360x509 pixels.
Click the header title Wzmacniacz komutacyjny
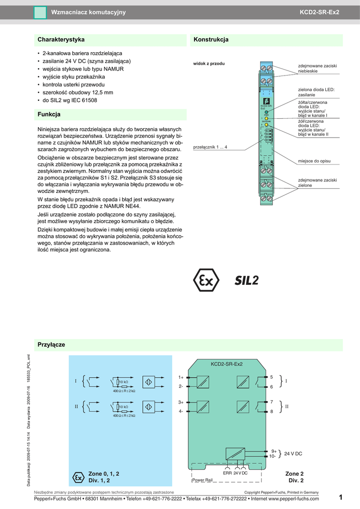pyautogui.click(x=89, y=12)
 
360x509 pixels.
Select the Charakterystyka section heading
pyautogui.click(x=61, y=39)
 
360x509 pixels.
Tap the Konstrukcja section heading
pyautogui.click(x=211, y=39)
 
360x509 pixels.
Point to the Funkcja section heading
pyautogui.click(x=49, y=114)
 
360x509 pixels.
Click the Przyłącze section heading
pyautogui.click(x=52, y=344)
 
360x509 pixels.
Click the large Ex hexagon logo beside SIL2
pyautogui.click(x=205, y=281)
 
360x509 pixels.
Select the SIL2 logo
pyautogui.click(x=247, y=281)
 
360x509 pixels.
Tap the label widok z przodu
pyautogui.click(x=209, y=64)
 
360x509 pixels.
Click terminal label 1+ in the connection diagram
pyautogui.click(x=181, y=377)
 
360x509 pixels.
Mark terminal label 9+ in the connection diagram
pyautogui.click(x=273, y=451)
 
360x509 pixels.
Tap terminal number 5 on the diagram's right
pyautogui.click(x=271, y=377)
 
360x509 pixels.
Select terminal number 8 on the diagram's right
pyautogui.click(x=271, y=412)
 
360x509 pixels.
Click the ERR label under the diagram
pyautogui.click(x=227, y=473)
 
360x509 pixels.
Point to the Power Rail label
pyautogui.click(x=202, y=480)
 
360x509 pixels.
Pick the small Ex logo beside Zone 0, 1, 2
pyautogui.click(x=78, y=477)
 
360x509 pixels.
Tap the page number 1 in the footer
pyautogui.click(x=341, y=498)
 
